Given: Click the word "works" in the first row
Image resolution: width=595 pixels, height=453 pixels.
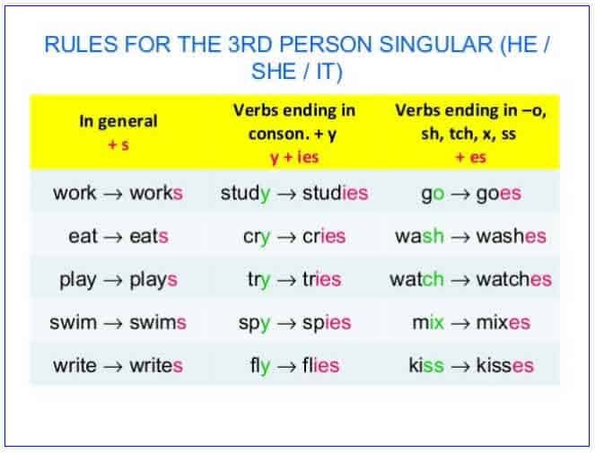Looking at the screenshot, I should [x=156, y=193].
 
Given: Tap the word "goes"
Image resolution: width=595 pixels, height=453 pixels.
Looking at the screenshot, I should [x=498, y=193].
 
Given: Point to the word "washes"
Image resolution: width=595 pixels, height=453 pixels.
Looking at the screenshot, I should [x=511, y=237].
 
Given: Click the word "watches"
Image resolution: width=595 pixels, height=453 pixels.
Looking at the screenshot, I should [x=513, y=279].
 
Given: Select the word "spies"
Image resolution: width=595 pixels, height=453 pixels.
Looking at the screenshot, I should [x=320, y=322].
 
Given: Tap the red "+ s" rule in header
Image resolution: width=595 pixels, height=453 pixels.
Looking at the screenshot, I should [x=118, y=144].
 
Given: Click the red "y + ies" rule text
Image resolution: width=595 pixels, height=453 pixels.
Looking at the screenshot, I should [x=294, y=156].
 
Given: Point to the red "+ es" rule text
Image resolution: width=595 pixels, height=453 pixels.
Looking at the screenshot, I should [x=471, y=156].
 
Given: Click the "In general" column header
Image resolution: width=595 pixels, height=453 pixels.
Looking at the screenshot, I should [x=118, y=121].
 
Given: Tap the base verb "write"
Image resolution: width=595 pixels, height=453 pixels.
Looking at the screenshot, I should [x=74, y=365].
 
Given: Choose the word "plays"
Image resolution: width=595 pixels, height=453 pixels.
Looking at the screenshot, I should [x=153, y=279].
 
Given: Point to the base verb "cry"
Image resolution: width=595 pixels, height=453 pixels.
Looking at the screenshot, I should [x=257, y=237].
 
